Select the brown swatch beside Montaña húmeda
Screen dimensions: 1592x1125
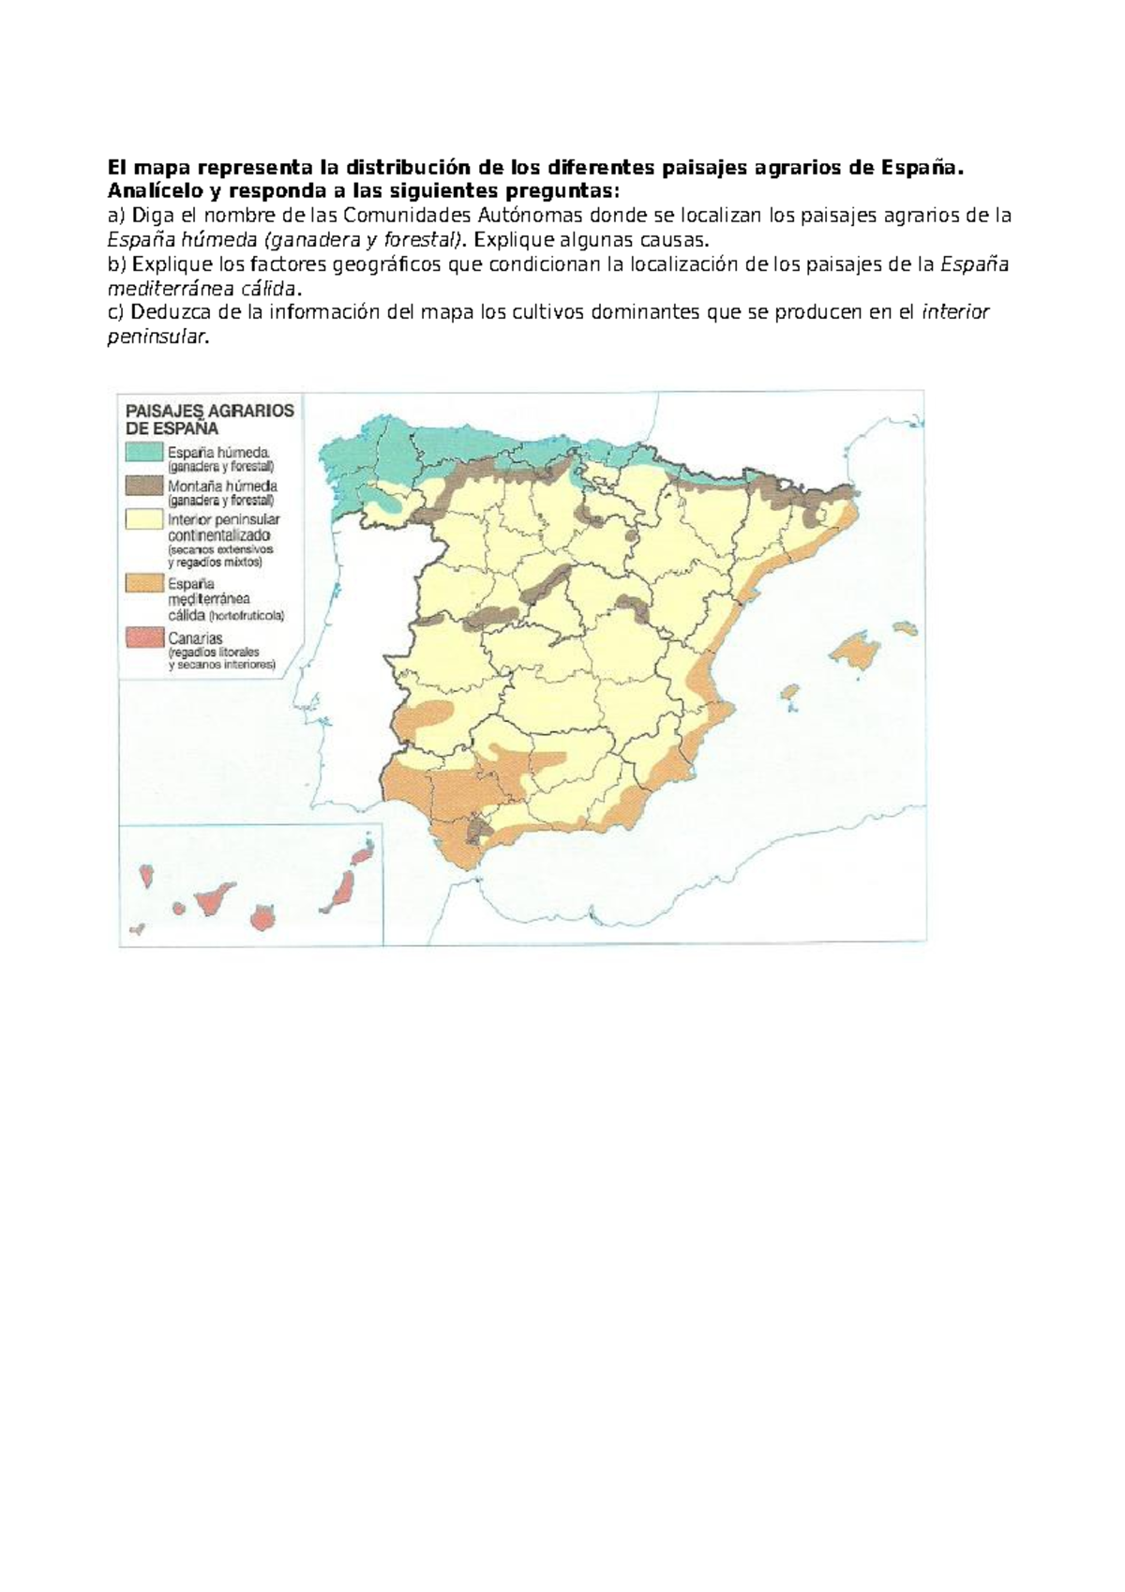pyautogui.click(x=144, y=486)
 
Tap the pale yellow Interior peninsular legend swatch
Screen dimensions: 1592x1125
pyautogui.click(x=144, y=518)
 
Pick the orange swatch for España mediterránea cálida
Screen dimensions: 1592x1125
pyautogui.click(x=144, y=583)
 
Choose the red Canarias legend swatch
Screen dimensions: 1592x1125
pyautogui.click(x=144, y=638)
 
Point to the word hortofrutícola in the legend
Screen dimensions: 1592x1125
pyautogui.click(x=247, y=616)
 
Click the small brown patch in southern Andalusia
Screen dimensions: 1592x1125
pyautogui.click(x=482, y=828)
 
